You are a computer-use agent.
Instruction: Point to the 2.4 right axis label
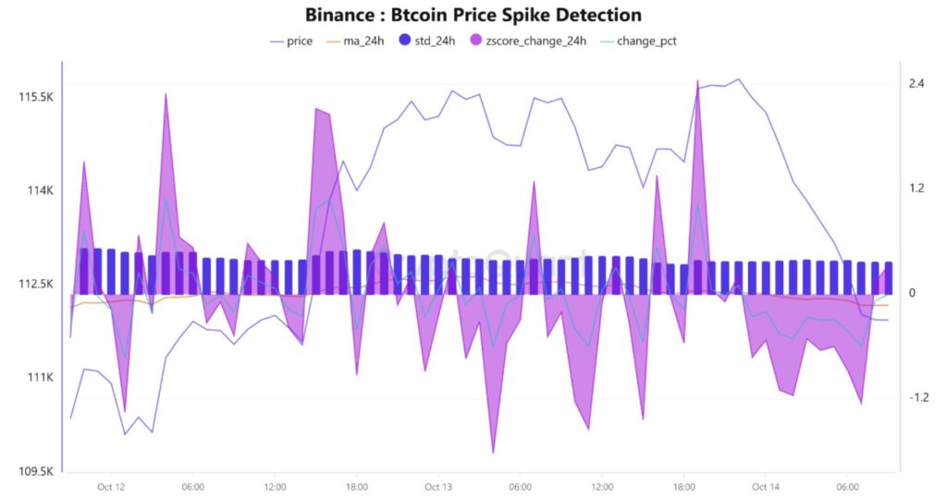click(x=916, y=84)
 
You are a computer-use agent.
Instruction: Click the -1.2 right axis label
click(x=917, y=397)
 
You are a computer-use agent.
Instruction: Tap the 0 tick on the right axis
click(x=912, y=293)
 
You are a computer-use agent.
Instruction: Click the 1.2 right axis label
click(x=916, y=188)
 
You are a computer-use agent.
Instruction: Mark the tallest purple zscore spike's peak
click(x=697, y=81)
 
